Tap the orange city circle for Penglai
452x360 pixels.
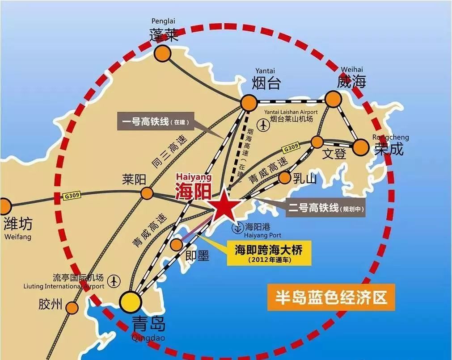tap(163, 53)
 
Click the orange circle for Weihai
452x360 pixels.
tap(333, 99)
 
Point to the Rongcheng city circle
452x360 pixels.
tap(360, 147)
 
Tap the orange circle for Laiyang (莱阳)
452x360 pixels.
tap(147, 193)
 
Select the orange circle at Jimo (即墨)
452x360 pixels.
tap(177, 244)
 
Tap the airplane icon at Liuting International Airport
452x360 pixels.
tap(115, 281)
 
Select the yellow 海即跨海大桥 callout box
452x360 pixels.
tap(268, 253)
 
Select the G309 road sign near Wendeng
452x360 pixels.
tap(290, 149)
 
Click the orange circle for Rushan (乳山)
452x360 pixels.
tap(284, 178)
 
